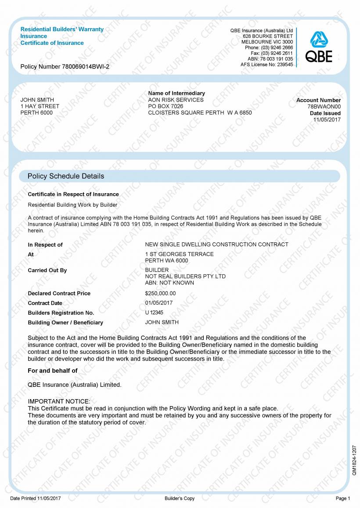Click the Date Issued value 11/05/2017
click(x=327, y=119)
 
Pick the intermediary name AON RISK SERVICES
click(x=176, y=100)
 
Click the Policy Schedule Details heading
click(x=66, y=176)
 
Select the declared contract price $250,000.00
click(x=160, y=293)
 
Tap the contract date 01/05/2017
click(x=158, y=303)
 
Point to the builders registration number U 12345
click(x=154, y=313)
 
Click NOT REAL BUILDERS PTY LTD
click(x=185, y=276)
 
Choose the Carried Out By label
click(x=47, y=270)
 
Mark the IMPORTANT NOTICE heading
click(x=58, y=401)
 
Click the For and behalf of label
click(x=52, y=371)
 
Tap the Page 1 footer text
click(x=343, y=498)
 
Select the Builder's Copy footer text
click(x=180, y=498)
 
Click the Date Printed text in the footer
click(x=35, y=498)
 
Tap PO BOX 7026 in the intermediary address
click(x=166, y=106)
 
